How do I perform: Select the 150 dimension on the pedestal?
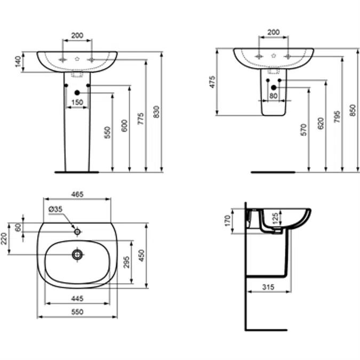click(77, 102)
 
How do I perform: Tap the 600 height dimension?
click(124, 126)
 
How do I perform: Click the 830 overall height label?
click(156, 111)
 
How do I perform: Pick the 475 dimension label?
click(212, 82)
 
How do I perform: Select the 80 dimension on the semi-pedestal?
click(274, 97)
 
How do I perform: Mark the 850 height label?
click(352, 110)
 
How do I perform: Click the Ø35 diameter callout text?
click(56, 210)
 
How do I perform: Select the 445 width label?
click(77, 298)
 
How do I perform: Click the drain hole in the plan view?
click(78, 255)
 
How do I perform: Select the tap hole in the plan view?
click(77, 231)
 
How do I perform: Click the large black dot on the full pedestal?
click(77, 92)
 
